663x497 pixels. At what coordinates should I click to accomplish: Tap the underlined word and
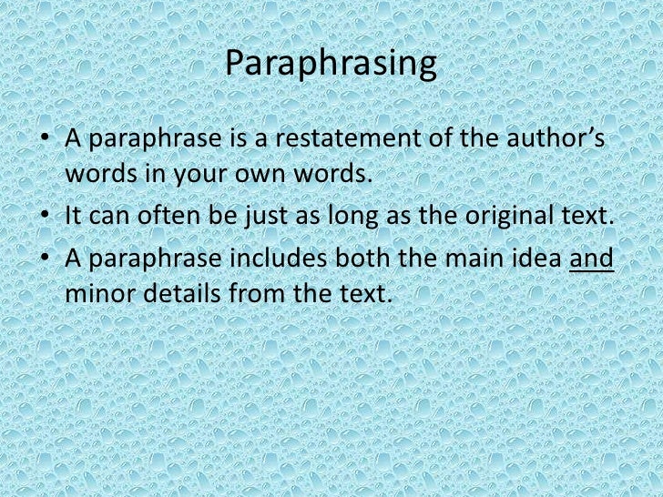591,259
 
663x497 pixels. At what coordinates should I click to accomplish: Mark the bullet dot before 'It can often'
46,218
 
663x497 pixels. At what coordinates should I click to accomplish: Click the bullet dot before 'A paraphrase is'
46,142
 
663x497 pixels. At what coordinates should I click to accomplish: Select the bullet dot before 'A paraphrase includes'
46,259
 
